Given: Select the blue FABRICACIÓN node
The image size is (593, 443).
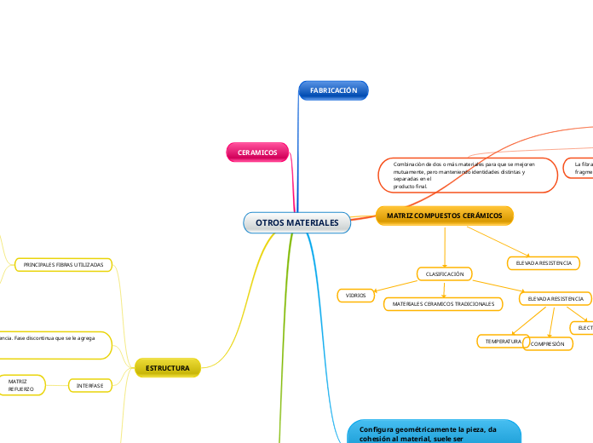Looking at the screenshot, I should (x=333, y=90).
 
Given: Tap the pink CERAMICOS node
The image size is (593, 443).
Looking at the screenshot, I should (x=257, y=152).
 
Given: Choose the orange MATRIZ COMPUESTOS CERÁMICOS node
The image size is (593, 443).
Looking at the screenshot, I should (x=444, y=216).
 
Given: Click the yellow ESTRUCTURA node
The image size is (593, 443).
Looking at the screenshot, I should (x=167, y=368).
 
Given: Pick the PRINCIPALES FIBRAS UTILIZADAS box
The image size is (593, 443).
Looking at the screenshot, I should (x=64, y=265).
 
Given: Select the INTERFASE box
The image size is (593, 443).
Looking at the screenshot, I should (x=89, y=386).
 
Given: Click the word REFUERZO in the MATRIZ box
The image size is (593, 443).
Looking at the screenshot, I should (x=20, y=389).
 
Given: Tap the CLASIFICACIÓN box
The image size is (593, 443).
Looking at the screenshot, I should (x=444, y=274).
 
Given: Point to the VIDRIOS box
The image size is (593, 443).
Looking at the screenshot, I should (x=355, y=296).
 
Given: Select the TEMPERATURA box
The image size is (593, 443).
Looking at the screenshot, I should (x=503, y=341).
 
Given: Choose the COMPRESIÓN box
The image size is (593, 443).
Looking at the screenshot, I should (x=548, y=344).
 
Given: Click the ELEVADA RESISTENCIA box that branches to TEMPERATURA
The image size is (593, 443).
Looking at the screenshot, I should (x=556, y=299).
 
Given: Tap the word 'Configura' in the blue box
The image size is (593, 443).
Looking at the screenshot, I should (x=378, y=430).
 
